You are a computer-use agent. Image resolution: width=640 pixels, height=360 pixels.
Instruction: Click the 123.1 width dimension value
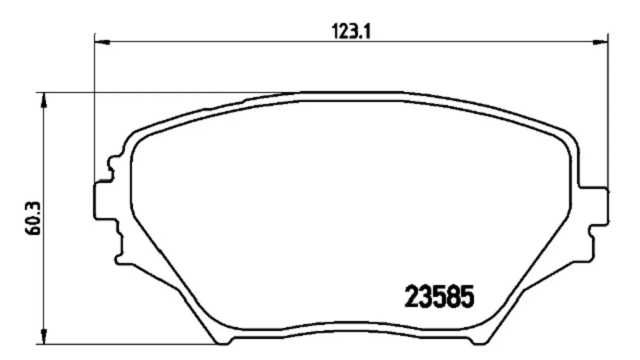pyautogui.click(x=351, y=31)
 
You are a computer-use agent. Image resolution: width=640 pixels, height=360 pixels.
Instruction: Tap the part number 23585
pyautogui.click(x=440, y=296)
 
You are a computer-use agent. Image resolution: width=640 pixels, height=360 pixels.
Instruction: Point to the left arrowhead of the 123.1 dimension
pyautogui.click(x=102, y=42)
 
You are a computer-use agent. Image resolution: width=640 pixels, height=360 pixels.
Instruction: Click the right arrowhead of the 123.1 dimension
pyautogui.click(x=600, y=42)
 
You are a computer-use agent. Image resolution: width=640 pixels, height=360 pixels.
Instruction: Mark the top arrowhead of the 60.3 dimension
pyautogui.click(x=44, y=100)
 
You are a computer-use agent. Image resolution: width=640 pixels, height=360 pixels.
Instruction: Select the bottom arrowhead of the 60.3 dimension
pyautogui.click(x=44, y=336)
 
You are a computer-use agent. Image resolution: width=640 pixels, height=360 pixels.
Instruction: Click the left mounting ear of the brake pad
pyautogui.click(x=104, y=201)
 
